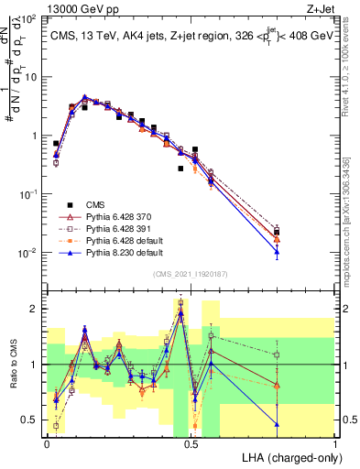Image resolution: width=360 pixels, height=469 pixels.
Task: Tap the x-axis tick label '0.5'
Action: click(x=191, y=443)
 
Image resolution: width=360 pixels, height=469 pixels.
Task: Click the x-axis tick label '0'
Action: click(x=47, y=443)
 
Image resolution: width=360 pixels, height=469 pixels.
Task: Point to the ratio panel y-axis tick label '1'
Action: click(x=35, y=365)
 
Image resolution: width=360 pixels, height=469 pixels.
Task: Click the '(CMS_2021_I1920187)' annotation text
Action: click(x=191, y=273)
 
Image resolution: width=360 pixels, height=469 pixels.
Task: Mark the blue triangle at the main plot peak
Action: click(x=85, y=97)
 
